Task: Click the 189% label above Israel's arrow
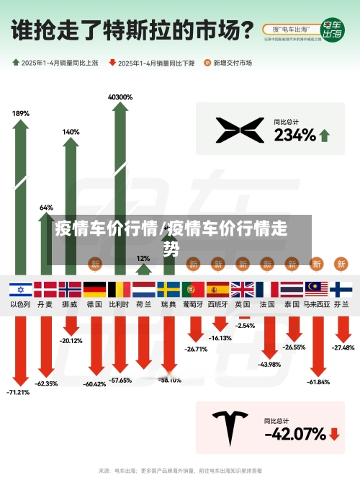(21, 113)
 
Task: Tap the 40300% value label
(120, 97)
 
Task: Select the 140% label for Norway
(71, 132)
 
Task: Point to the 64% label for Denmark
(46, 208)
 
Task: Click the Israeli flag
(20, 290)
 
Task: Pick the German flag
(94, 290)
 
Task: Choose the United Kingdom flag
(243, 290)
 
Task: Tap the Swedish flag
(168, 290)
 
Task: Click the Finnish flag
(341, 290)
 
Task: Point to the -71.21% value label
(19, 393)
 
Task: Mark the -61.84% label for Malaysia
(317, 382)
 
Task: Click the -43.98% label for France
(268, 364)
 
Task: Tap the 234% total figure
(294, 135)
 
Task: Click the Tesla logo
(231, 427)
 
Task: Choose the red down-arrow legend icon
(112, 63)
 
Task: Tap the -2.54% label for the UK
(245, 326)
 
